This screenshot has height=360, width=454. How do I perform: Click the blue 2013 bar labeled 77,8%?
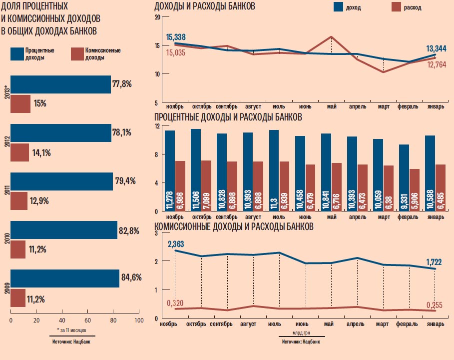click(x=60, y=84)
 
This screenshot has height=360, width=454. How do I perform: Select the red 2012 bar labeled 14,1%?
click(x=19, y=152)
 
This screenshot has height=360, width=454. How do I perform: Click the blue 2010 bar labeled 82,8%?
click(x=64, y=230)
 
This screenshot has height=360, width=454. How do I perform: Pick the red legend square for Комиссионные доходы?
click(x=78, y=54)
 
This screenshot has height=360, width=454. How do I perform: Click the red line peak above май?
click(x=332, y=36)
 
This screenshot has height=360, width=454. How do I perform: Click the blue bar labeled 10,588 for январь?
click(x=430, y=172)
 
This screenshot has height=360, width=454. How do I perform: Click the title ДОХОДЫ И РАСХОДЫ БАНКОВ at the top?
click(x=205, y=6)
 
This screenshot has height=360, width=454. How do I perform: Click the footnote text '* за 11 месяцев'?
click(x=72, y=330)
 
